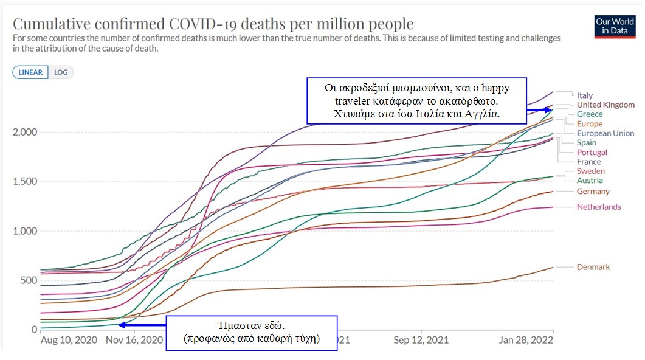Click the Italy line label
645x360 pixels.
click(584, 95)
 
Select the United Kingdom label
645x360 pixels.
click(605, 105)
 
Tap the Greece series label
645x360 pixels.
click(589, 114)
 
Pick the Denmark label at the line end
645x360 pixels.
click(593, 267)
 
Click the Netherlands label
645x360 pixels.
click(598, 207)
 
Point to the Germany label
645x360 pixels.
click(593, 192)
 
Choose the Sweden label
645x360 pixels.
click(590, 171)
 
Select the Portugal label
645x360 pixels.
click(592, 153)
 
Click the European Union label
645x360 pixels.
click(605, 133)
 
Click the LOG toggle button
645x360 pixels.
click(61, 72)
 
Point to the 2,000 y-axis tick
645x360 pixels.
click(26, 132)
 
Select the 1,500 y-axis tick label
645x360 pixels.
click(26, 182)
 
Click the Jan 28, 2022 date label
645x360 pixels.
click(526, 341)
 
